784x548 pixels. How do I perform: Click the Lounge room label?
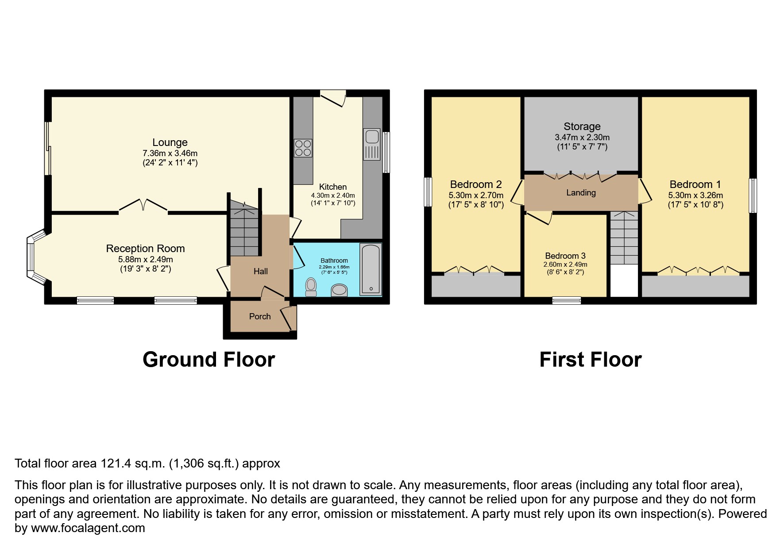[170, 142]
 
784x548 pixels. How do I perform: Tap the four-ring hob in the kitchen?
[303, 148]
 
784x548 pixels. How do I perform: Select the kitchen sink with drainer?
[371, 144]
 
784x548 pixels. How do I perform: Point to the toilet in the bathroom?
[311, 286]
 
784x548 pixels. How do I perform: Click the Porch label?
[260, 316]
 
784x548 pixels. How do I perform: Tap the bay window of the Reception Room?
[32, 257]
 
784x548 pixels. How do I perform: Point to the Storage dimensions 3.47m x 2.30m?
[582, 138]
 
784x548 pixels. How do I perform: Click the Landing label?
[581, 192]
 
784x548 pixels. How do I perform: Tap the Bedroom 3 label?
[565, 256]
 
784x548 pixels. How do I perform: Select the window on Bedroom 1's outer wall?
[753, 195]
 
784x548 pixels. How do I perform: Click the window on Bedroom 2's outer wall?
[428, 192]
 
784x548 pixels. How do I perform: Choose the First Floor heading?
[590, 360]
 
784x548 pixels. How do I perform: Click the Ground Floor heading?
[209, 360]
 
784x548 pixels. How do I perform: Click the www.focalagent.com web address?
[88, 528]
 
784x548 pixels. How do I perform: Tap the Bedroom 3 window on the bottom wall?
[567, 301]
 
